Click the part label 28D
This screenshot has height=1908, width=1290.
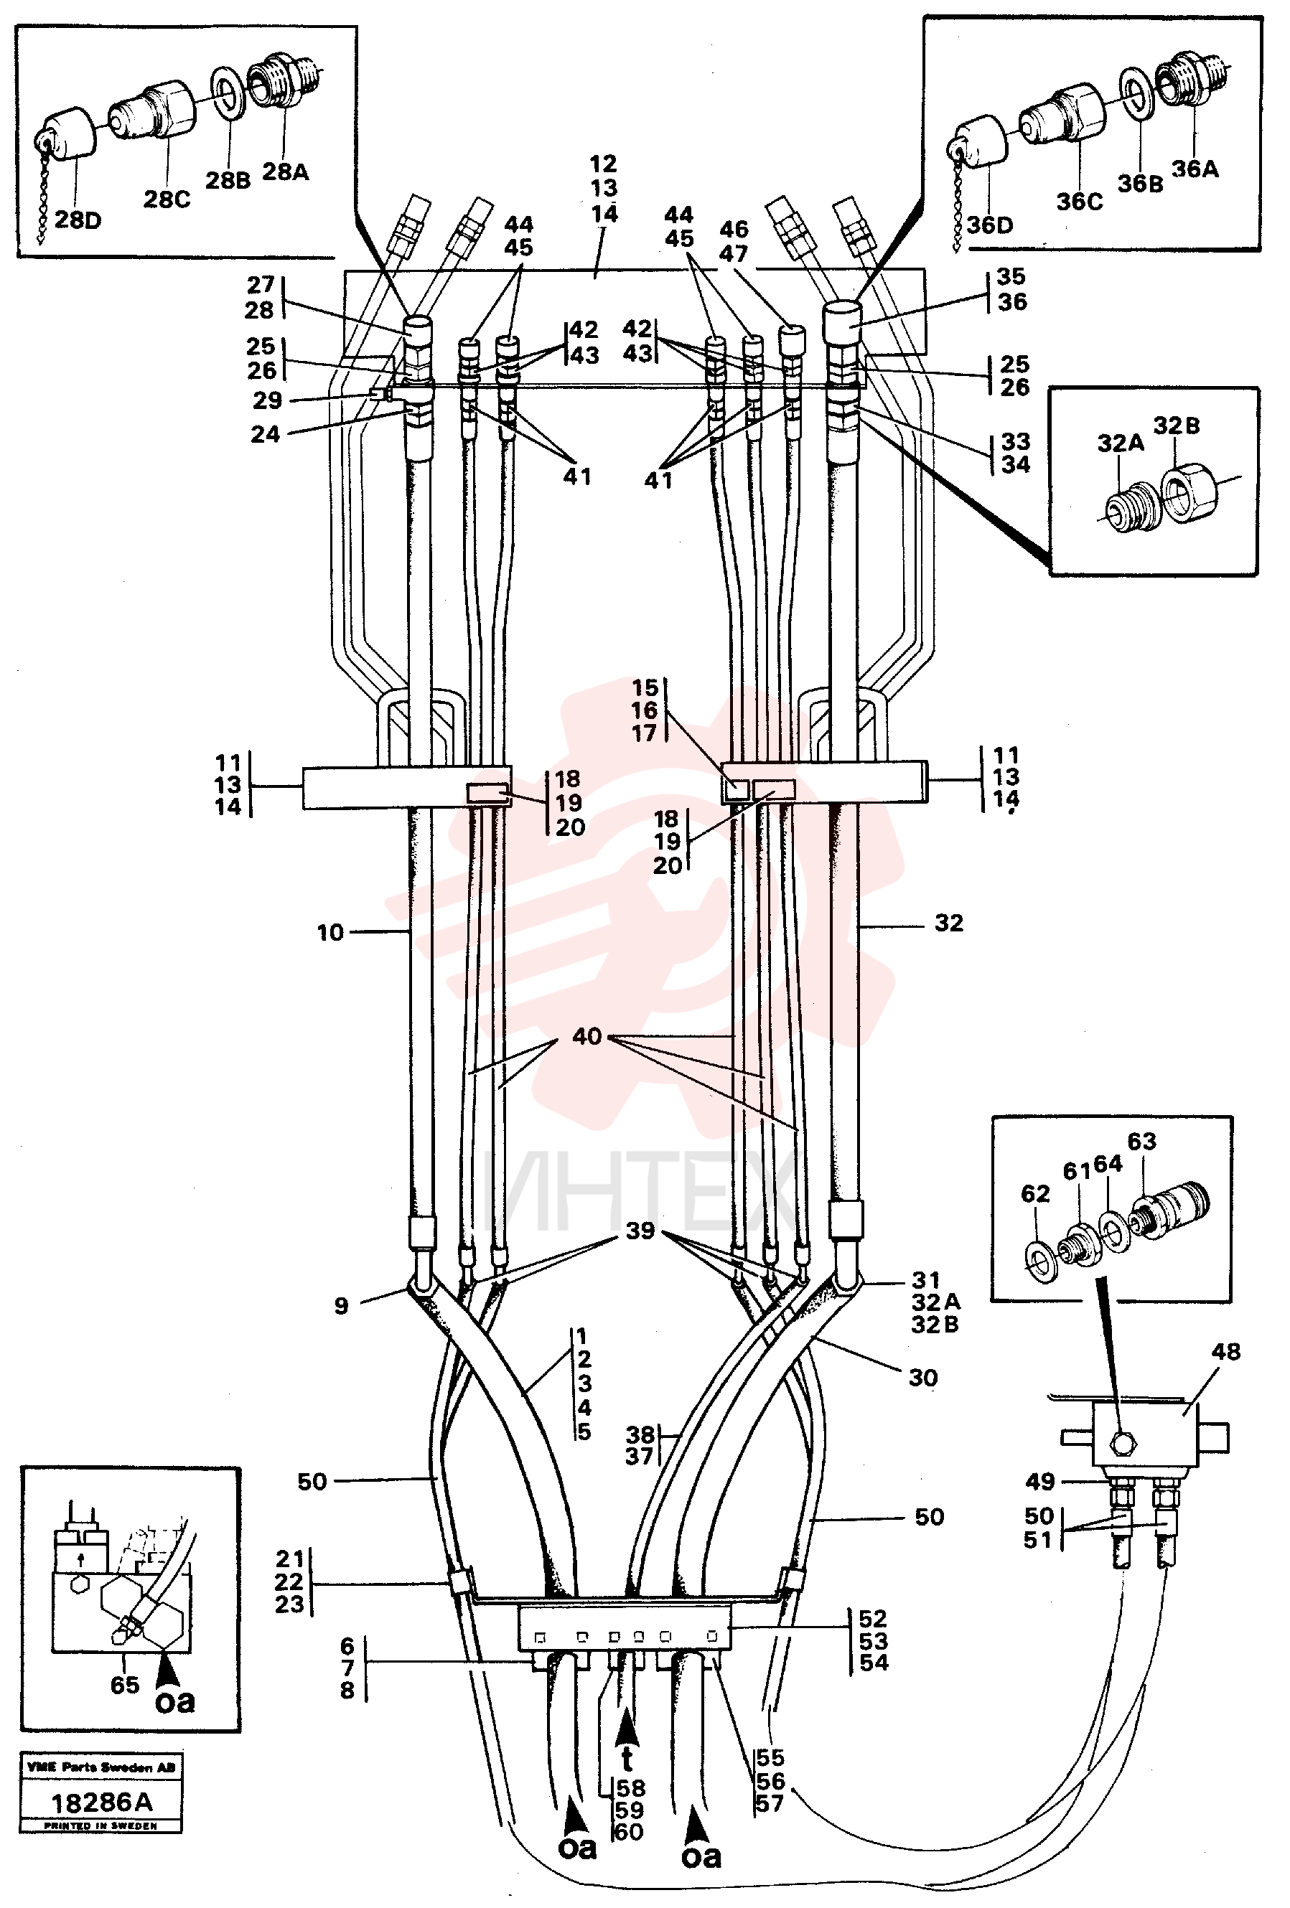point(78,220)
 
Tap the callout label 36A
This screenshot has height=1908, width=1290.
point(1195,169)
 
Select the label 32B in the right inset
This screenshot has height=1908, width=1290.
point(1177,426)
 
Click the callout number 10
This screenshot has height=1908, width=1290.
point(330,933)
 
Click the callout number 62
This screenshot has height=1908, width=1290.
point(1035,1194)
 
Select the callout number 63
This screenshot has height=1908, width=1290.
point(1141,1141)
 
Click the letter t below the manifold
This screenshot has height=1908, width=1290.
point(627,1759)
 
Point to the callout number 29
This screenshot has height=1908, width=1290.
point(267,400)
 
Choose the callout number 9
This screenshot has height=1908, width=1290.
point(342,1305)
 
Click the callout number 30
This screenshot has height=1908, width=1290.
point(923,1378)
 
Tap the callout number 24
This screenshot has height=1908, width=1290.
point(265,434)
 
